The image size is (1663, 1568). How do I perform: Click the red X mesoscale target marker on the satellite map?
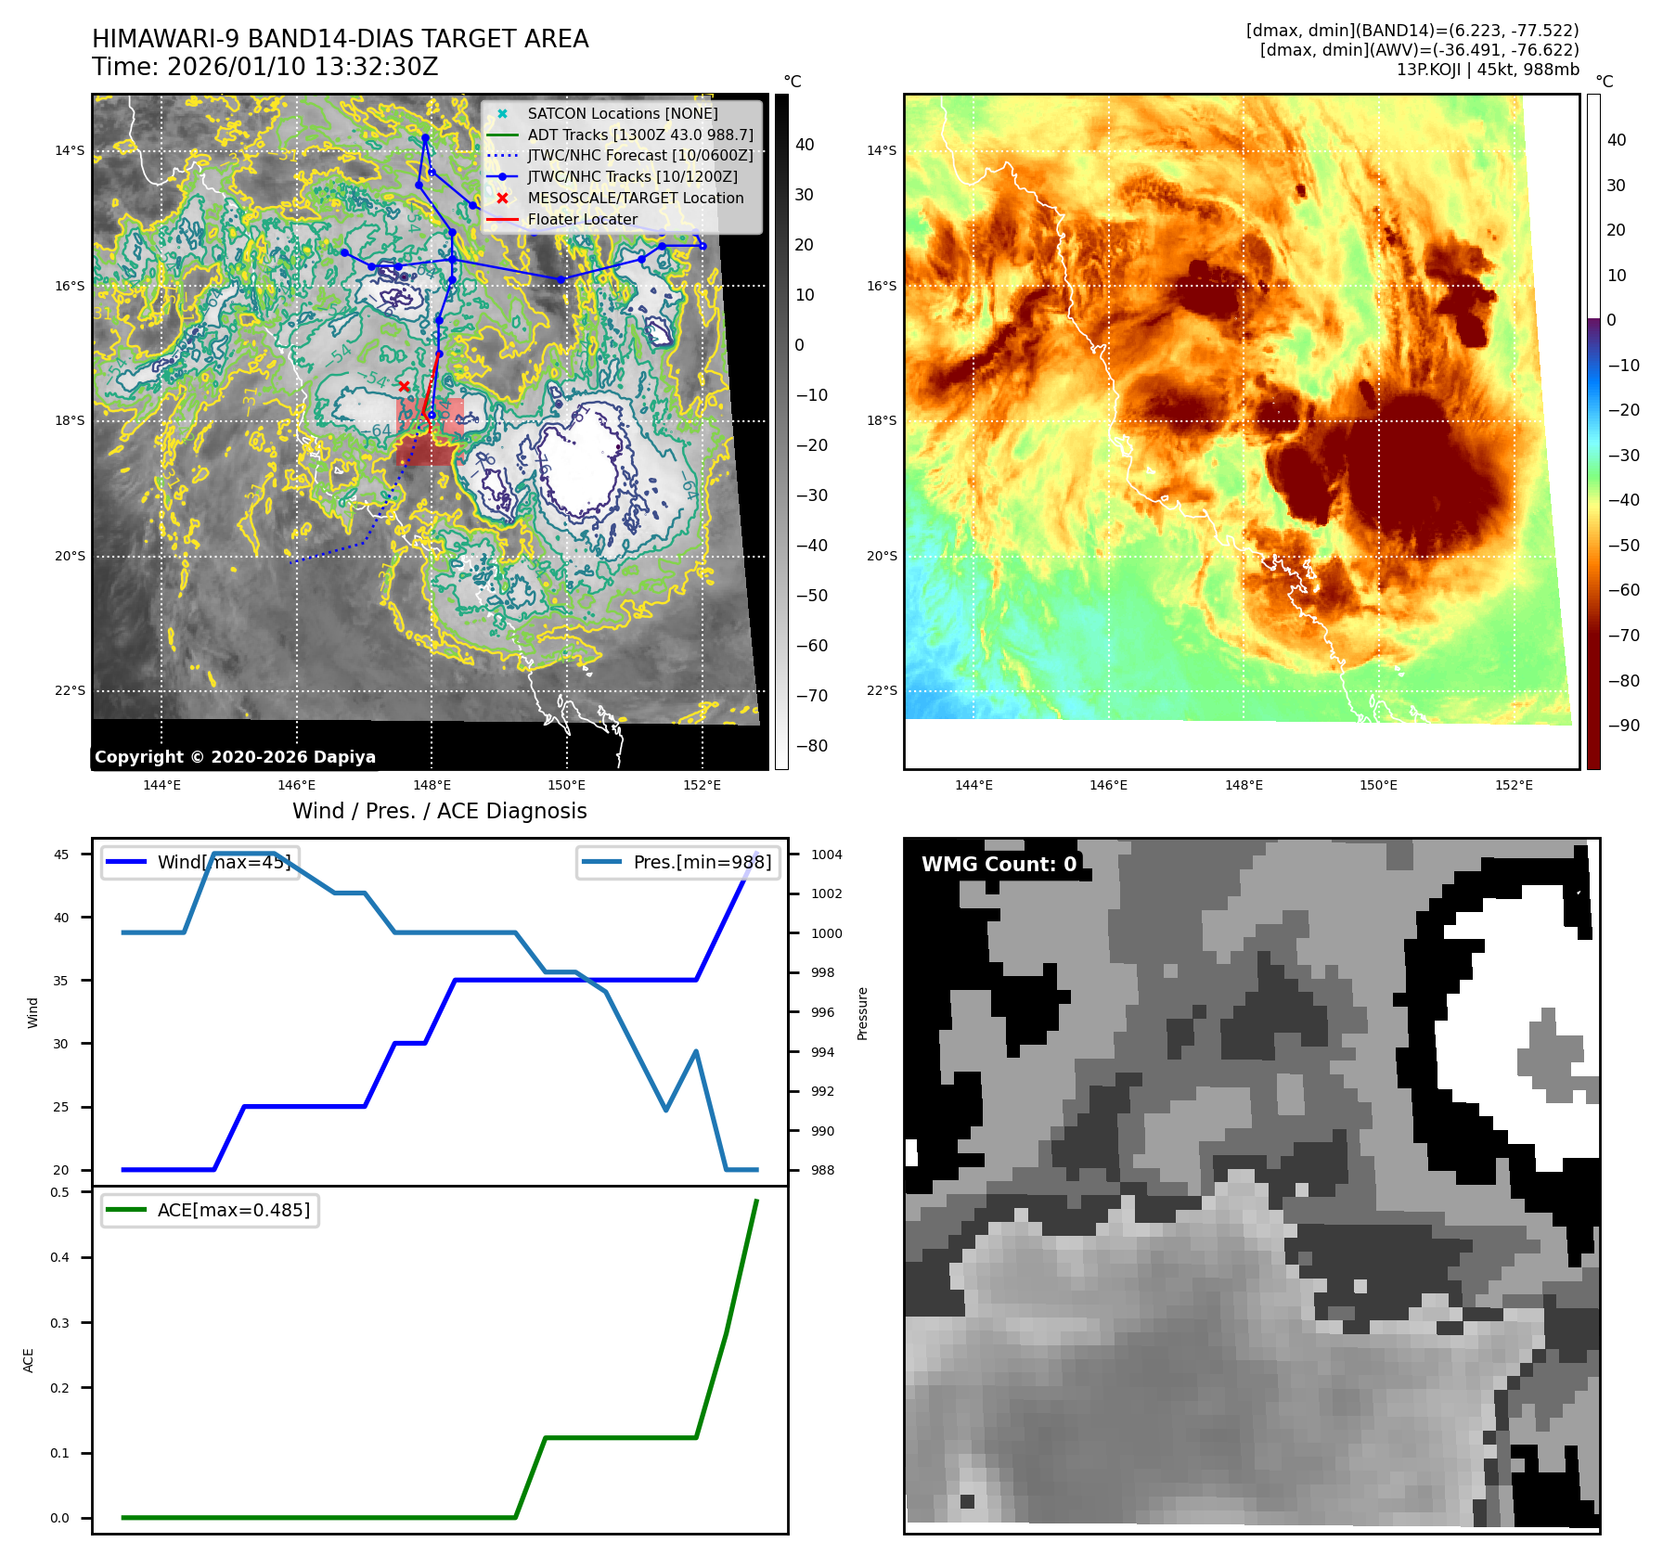point(404,386)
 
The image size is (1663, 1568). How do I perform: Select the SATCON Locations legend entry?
point(622,113)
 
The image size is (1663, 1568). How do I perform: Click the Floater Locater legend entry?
point(582,219)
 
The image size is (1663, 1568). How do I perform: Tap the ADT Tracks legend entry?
point(639,135)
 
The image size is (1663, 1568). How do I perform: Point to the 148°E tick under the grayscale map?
point(432,785)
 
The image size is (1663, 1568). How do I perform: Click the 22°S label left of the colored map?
point(882,690)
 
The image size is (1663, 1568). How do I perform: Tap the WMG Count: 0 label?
point(999,864)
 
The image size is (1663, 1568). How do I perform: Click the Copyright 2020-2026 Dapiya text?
point(235,757)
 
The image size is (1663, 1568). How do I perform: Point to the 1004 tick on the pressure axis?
point(826,855)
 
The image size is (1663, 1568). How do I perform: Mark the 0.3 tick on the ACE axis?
point(60,1323)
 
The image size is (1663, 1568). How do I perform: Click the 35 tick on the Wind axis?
point(61,980)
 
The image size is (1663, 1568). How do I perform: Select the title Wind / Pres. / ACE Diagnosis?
point(439,811)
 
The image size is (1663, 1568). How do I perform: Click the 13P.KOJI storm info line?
point(1487,70)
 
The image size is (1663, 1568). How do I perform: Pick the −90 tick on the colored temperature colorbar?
point(1623,726)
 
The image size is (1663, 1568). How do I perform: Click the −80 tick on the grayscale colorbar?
point(811,746)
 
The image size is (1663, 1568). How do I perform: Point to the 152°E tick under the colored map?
point(1514,785)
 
